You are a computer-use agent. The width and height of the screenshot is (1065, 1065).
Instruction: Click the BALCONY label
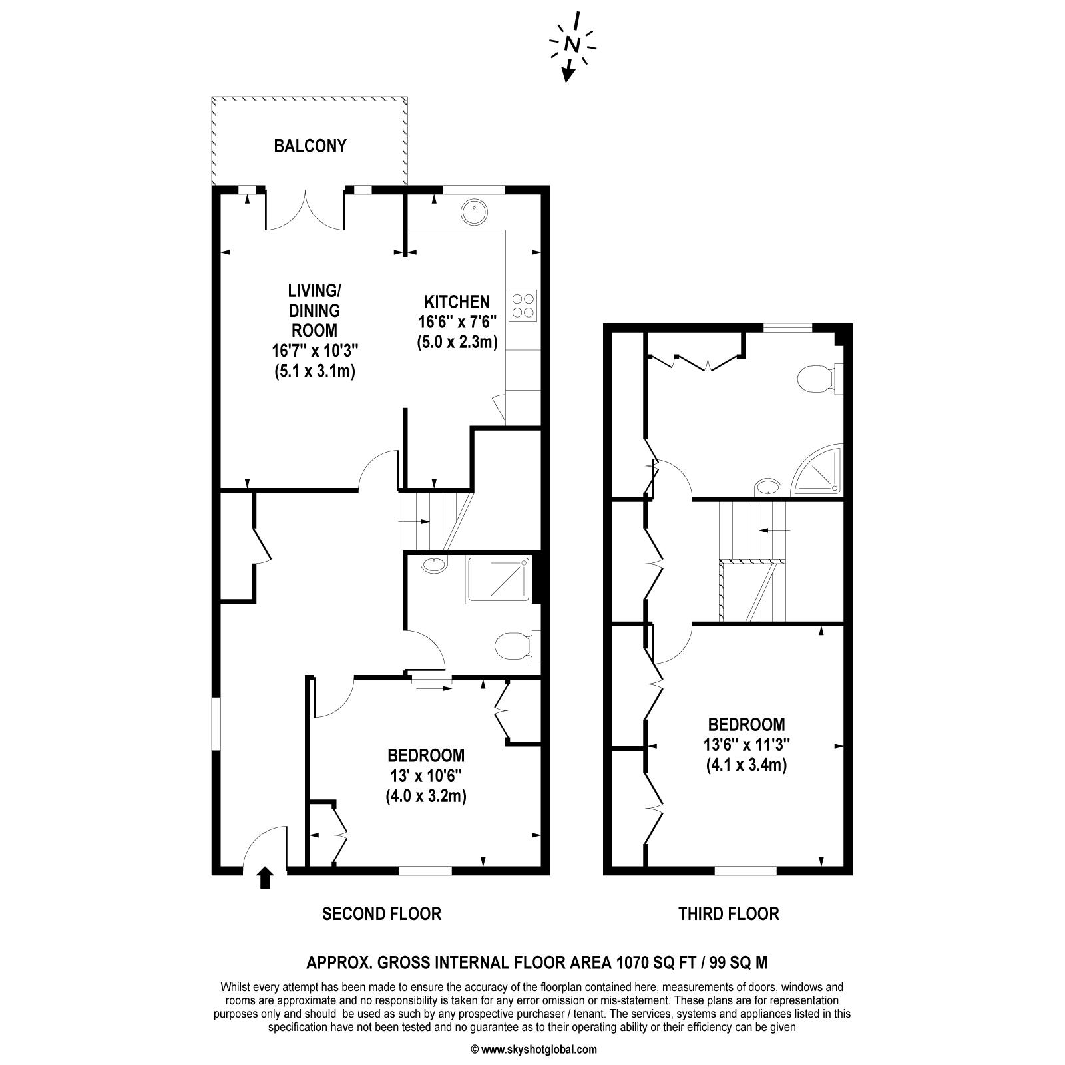(310, 146)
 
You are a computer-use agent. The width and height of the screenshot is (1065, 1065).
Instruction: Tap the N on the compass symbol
(572, 45)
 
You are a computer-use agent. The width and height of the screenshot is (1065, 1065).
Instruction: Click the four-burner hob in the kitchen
(523, 306)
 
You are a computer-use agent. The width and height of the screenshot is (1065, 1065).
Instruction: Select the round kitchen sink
(474, 212)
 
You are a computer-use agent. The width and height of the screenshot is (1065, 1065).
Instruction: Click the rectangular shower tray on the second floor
(499, 580)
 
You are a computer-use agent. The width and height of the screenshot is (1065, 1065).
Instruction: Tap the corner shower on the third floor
(817, 470)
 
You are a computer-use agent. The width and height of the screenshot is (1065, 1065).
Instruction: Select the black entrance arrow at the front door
(265, 877)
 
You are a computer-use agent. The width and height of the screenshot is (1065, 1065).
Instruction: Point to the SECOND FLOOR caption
(381, 913)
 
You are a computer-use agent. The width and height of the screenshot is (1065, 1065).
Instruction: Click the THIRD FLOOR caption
(728, 913)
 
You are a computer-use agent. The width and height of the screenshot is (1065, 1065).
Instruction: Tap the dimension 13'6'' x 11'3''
(746, 744)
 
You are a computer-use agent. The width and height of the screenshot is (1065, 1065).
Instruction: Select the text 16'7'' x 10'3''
(314, 350)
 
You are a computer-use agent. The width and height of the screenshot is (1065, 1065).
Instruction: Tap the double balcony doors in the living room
(305, 210)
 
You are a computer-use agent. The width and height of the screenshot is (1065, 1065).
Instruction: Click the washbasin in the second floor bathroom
(434, 565)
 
